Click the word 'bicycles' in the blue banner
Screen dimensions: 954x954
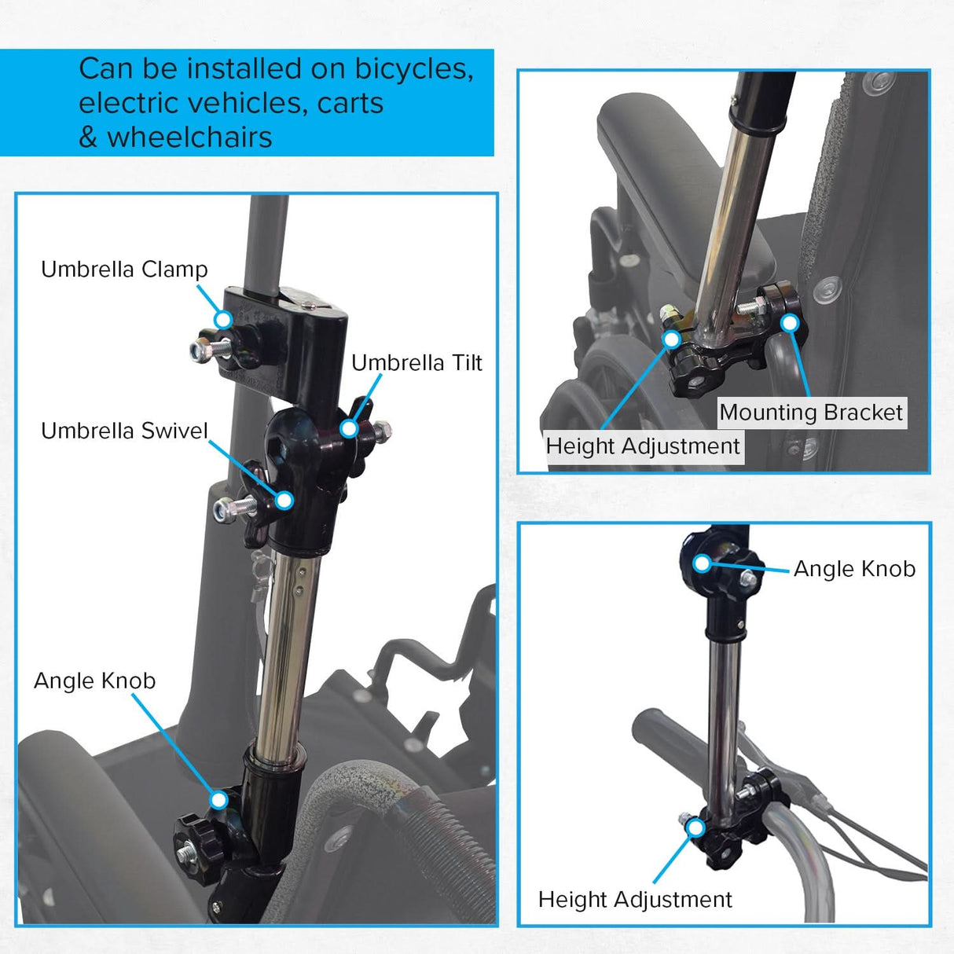413,69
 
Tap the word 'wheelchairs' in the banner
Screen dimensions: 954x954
189,138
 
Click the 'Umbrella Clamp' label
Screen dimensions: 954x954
124,270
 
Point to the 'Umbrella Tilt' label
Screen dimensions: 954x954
416,363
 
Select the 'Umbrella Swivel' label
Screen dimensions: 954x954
124,431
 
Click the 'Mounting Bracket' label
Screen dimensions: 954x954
811,413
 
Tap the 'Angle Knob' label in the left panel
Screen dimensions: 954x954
94,681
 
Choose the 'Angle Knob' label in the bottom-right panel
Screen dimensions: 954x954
854,569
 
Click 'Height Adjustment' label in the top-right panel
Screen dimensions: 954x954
642,446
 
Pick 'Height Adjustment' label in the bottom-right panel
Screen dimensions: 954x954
635,899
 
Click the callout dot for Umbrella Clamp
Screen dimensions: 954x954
224,319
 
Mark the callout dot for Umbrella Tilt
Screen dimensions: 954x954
348,428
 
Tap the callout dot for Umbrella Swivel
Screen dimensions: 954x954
284,500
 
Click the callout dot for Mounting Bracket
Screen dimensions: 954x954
790,323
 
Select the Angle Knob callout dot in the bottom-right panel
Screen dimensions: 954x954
701,563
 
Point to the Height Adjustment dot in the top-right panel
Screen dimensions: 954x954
671,339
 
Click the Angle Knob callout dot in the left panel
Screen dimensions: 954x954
218,800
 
